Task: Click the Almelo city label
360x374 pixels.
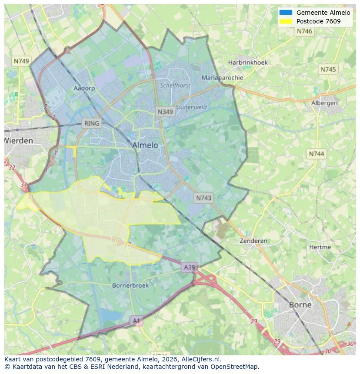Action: coord(145,145)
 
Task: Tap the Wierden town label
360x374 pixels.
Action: coord(18,141)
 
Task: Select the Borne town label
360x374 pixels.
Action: coord(300,304)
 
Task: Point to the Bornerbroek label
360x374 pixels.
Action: coord(130,285)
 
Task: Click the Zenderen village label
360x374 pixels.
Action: coord(253,241)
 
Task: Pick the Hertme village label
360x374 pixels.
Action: coord(320,247)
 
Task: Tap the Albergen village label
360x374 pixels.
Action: coord(324,103)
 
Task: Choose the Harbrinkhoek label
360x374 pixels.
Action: coord(248,62)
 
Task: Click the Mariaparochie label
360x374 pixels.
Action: coord(222,78)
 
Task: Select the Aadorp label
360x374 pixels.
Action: coord(84,88)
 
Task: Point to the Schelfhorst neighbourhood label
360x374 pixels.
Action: coord(175,86)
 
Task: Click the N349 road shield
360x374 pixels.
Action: coord(165,112)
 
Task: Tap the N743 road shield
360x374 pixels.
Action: coord(203,198)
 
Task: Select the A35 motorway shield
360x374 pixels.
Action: coord(189,267)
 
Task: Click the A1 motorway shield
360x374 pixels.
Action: coord(137,321)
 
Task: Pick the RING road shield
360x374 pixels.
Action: coord(92,123)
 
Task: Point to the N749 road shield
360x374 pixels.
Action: coord(21,61)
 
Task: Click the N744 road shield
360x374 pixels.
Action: coord(317,154)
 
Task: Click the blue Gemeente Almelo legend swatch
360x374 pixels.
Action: coord(286,12)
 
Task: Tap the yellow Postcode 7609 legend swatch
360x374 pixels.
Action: coord(286,21)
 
